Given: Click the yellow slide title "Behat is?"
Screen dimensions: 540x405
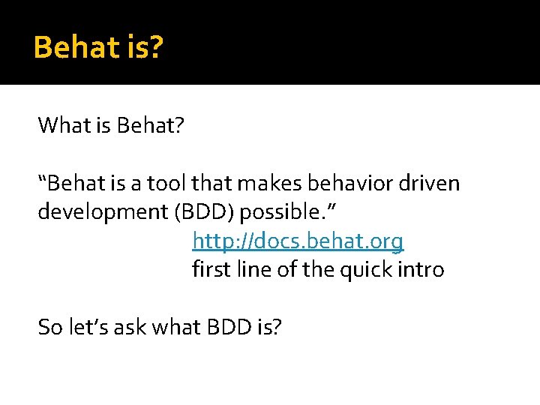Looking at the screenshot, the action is [98, 47].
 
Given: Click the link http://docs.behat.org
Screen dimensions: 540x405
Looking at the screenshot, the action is [298, 241].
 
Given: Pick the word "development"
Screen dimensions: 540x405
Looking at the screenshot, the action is [103, 212].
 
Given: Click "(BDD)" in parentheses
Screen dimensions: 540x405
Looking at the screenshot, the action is [204, 211].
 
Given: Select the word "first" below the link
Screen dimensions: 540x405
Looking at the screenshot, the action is [211, 269].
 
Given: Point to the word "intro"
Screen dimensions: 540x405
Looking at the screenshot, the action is [421, 270].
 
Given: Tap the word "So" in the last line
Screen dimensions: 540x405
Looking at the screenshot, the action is [50, 327].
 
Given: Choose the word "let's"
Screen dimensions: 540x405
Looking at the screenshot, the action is [88, 326].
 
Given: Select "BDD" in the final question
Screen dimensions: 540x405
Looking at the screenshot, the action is [229, 327].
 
